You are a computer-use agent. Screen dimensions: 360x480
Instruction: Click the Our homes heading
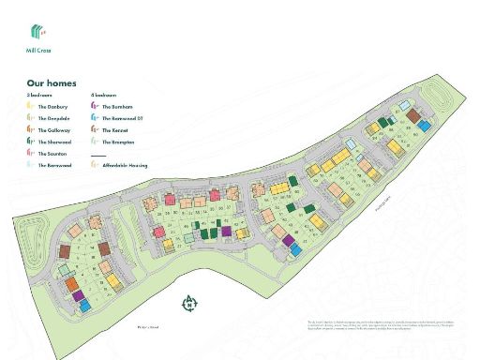[52, 83]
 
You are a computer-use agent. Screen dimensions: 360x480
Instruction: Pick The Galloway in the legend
[53, 130]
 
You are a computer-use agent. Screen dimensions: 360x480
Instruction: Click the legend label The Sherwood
[54, 142]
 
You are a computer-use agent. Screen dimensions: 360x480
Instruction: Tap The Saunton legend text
[52, 153]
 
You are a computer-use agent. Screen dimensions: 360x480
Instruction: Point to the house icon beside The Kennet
[94, 130]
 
